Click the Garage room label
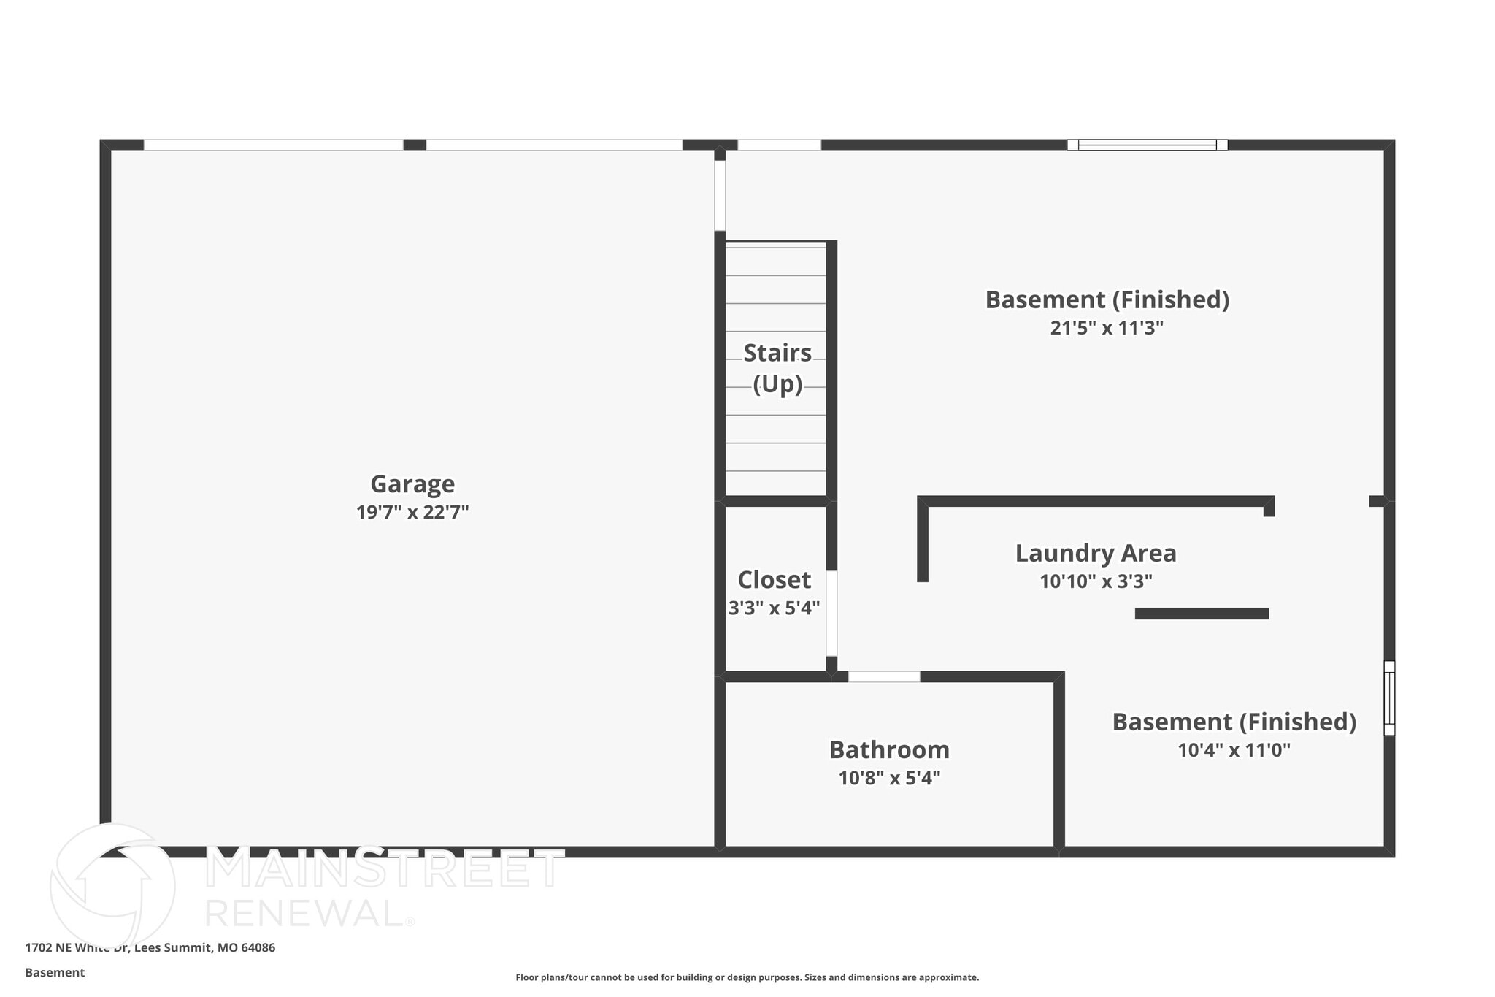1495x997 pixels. [412, 484]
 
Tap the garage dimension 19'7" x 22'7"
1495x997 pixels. [412, 512]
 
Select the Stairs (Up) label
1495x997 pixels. [777, 368]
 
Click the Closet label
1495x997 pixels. [774, 580]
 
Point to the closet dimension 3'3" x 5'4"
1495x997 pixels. [774, 608]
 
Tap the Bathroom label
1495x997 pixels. [889, 750]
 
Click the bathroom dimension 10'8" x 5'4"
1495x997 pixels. [889, 778]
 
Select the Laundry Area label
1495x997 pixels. [1096, 554]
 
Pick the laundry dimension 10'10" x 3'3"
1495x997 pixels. [1096, 581]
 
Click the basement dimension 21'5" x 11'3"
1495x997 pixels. [1107, 328]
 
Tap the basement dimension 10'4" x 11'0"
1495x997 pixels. [1234, 750]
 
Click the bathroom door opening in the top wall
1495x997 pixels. [883, 677]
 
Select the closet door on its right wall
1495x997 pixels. [831, 614]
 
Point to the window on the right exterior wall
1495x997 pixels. [1389, 698]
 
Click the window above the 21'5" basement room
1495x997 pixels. [1147, 145]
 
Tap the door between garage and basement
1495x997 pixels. [720, 196]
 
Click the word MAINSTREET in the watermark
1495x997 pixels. [385, 868]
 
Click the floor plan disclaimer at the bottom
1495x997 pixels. [747, 977]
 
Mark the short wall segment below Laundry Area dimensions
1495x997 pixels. [1202, 614]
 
